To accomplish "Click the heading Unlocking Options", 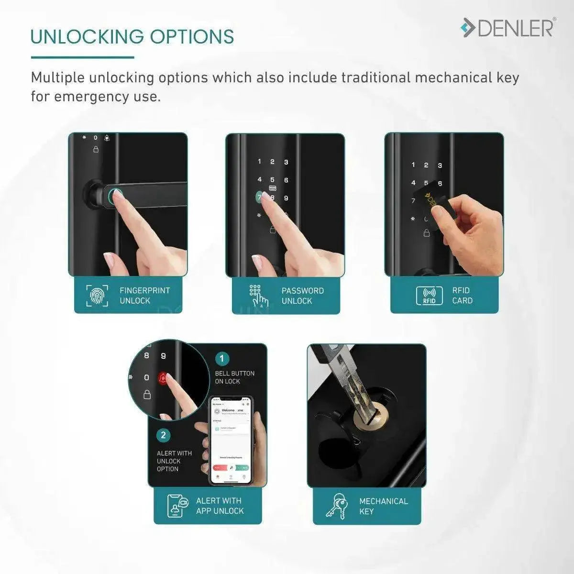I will (x=132, y=37).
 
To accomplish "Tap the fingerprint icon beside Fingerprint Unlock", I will (x=97, y=295).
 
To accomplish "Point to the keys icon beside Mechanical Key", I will (x=339, y=506).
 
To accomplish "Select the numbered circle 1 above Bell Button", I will (x=222, y=359).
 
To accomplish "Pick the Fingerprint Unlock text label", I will (x=144, y=295).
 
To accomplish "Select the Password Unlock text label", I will (x=302, y=296).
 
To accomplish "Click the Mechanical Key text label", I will (x=383, y=506).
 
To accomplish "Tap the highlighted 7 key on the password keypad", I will (x=260, y=197).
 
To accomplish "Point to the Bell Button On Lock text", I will (x=234, y=377).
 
